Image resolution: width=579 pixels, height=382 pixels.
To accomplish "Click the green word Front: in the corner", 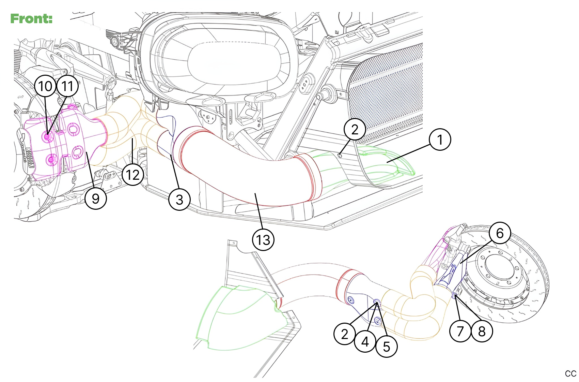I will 31,18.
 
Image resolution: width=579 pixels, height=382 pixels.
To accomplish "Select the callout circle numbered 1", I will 440,139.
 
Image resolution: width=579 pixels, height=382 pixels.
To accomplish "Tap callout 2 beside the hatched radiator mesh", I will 355,129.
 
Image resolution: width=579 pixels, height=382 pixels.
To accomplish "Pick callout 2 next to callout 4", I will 345,334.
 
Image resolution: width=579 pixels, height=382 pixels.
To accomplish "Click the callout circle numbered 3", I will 179,200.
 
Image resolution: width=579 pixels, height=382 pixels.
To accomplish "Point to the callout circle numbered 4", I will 365,341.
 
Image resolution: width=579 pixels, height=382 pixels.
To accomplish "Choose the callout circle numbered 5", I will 387,347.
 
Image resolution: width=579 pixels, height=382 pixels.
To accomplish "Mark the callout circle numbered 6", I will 500,233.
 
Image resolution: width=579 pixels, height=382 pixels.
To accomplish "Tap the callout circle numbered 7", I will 460,331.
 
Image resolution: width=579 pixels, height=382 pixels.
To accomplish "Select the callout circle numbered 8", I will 482,331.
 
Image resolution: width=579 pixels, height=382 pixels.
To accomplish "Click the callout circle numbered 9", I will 96,199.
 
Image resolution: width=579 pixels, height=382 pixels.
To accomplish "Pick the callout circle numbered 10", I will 45,86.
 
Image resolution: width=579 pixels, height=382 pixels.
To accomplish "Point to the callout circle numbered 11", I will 67,86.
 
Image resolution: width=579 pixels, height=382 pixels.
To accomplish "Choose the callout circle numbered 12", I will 133,175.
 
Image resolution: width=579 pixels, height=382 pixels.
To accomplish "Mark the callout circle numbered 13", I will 263,240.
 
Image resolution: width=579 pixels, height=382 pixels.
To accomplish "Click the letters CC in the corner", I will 570,373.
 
